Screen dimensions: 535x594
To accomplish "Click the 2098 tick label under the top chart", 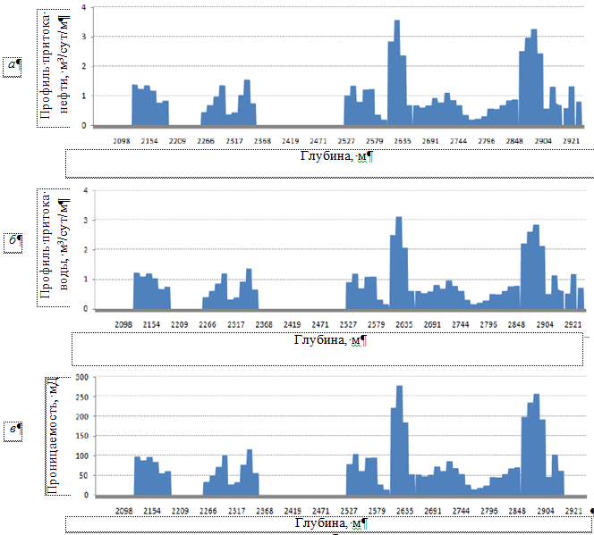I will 123,140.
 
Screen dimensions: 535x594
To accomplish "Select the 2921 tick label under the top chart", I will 573,140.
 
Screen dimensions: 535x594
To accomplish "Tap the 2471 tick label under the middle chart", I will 318,324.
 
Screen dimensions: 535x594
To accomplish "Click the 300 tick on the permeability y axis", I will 81,378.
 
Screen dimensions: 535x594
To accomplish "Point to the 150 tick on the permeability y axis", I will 81,437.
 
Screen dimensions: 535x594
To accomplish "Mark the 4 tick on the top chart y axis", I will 83,8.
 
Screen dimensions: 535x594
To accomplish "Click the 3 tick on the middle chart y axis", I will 84,220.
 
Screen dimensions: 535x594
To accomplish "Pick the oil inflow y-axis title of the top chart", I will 53,68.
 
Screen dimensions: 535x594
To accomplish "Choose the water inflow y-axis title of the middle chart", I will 53,247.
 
